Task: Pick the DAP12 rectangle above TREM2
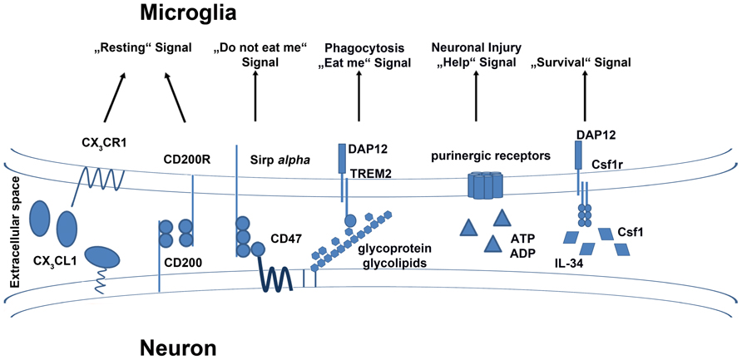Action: pyautogui.click(x=341, y=158)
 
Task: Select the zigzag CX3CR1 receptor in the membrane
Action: pyautogui.click(x=102, y=180)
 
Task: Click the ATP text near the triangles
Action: pyautogui.click(x=522, y=238)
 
